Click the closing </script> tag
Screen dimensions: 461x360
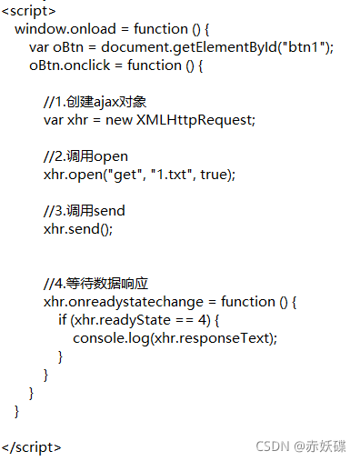32,447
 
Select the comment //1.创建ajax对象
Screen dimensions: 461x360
95,102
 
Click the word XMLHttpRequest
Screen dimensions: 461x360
195,120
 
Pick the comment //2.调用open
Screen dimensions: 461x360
85,156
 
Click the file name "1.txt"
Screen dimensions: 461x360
167,175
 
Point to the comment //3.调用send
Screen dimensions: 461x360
84,211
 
